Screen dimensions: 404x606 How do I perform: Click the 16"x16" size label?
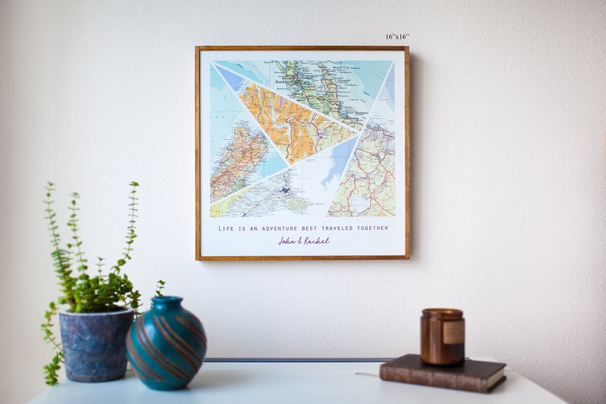coord(397,37)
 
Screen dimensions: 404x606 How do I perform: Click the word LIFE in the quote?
coord(226,228)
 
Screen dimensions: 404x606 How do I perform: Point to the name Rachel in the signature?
coord(317,241)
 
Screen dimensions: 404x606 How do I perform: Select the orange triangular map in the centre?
coord(294,122)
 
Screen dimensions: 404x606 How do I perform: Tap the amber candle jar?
coord(442,337)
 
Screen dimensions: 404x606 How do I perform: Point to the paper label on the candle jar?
coord(454,332)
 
